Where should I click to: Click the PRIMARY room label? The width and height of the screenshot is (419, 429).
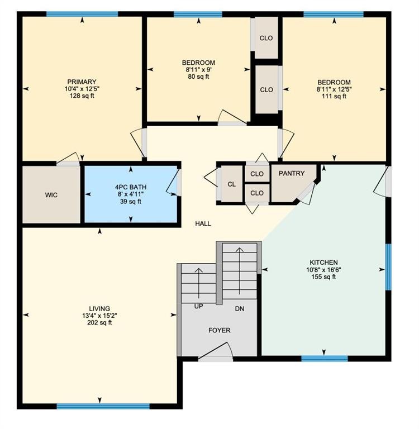[x=82, y=82]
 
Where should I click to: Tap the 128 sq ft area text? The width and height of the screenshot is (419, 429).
[x=82, y=96]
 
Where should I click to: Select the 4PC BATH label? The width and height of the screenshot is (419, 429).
[x=131, y=187]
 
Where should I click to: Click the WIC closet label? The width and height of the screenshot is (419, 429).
[x=51, y=195]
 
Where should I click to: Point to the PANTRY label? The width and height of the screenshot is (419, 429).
[x=292, y=174]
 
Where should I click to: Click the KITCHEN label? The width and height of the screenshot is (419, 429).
[x=324, y=263]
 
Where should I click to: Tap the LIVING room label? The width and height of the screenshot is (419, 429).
[x=99, y=308]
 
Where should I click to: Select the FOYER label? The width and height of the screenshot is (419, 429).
[x=219, y=330]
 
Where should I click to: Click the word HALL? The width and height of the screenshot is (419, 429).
[x=203, y=223]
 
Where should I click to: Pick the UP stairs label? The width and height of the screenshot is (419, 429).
[x=198, y=307]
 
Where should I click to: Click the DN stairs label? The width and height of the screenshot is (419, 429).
[x=240, y=308]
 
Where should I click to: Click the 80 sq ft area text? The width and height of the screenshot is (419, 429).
[x=198, y=77]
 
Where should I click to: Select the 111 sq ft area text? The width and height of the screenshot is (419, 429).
[x=334, y=96]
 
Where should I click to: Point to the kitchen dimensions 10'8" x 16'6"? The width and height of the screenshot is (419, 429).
[x=324, y=269]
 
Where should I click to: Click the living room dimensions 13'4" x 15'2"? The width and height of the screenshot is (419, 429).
[x=99, y=316]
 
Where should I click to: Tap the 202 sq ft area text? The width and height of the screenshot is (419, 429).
[x=99, y=322]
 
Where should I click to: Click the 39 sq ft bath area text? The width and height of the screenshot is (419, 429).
[x=131, y=201]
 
